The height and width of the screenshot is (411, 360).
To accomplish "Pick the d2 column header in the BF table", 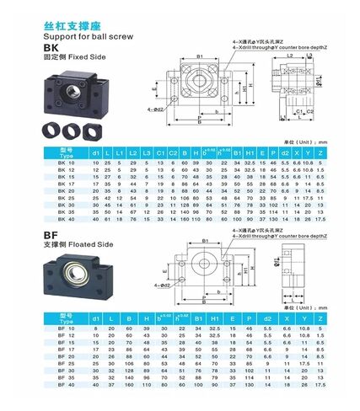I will [266, 318].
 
